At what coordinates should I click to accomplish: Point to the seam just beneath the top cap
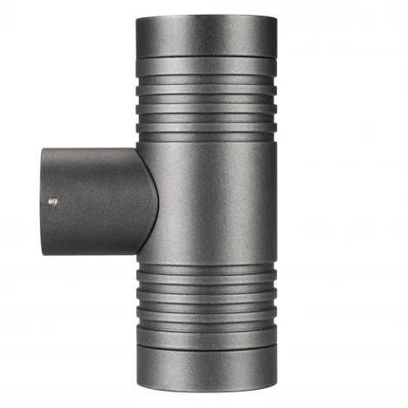click(x=206, y=53)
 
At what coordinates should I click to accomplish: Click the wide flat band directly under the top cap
click(x=206, y=64)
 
